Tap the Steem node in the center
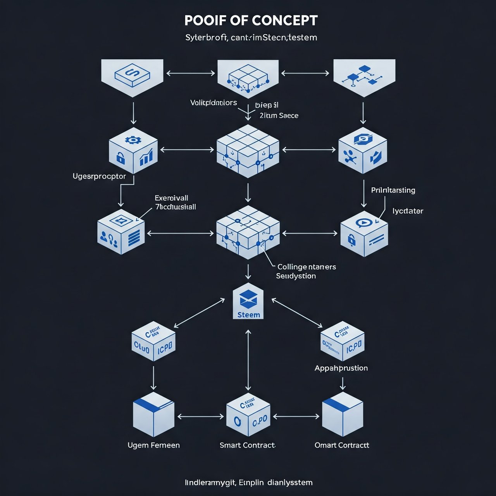pos(248,305)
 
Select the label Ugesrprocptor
pos(99,176)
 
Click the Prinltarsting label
pos(393,190)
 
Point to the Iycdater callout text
pos(408,211)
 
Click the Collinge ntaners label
pos(307,267)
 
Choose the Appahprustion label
pos(341,368)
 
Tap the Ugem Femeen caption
pos(153,445)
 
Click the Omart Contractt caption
pos(342,445)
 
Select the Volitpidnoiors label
pos(214,103)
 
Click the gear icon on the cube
pos(133,140)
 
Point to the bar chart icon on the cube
pos(146,157)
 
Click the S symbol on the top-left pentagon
pos(132,73)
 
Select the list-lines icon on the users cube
pos(134,237)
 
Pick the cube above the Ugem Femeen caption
pos(153,414)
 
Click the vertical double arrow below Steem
pos(248,360)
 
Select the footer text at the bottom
pos(248,482)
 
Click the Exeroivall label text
pos(171,198)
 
